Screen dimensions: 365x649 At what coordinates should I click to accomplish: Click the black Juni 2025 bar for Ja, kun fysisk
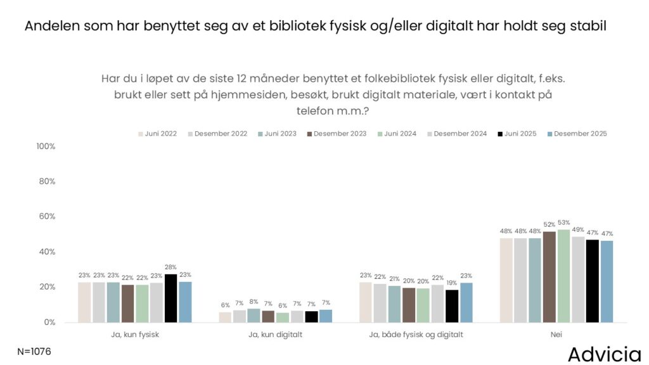(x=170, y=298)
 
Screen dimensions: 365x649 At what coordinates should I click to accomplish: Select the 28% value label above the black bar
(x=170, y=267)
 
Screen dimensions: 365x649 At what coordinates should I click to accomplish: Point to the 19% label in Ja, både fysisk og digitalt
(x=452, y=283)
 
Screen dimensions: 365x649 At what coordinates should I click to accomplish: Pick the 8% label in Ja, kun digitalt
(x=254, y=302)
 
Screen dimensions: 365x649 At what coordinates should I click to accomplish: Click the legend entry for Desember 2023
(x=337, y=134)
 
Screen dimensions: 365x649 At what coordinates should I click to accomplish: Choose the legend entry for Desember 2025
(x=577, y=134)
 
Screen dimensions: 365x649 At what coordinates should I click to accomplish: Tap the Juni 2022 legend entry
(x=157, y=134)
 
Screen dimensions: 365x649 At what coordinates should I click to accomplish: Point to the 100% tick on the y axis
(x=46, y=146)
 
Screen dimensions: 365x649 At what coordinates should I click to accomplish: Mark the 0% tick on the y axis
(x=50, y=323)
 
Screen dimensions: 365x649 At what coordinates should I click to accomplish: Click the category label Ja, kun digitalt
(x=275, y=335)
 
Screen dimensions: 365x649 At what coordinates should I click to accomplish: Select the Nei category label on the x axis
(x=556, y=335)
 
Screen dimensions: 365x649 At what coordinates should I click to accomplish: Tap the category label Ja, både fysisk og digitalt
(x=416, y=335)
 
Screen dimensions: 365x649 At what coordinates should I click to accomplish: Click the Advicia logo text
(x=605, y=354)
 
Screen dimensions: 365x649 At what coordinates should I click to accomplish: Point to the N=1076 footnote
(x=34, y=351)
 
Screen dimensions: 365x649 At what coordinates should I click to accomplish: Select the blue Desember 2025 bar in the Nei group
(x=607, y=281)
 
